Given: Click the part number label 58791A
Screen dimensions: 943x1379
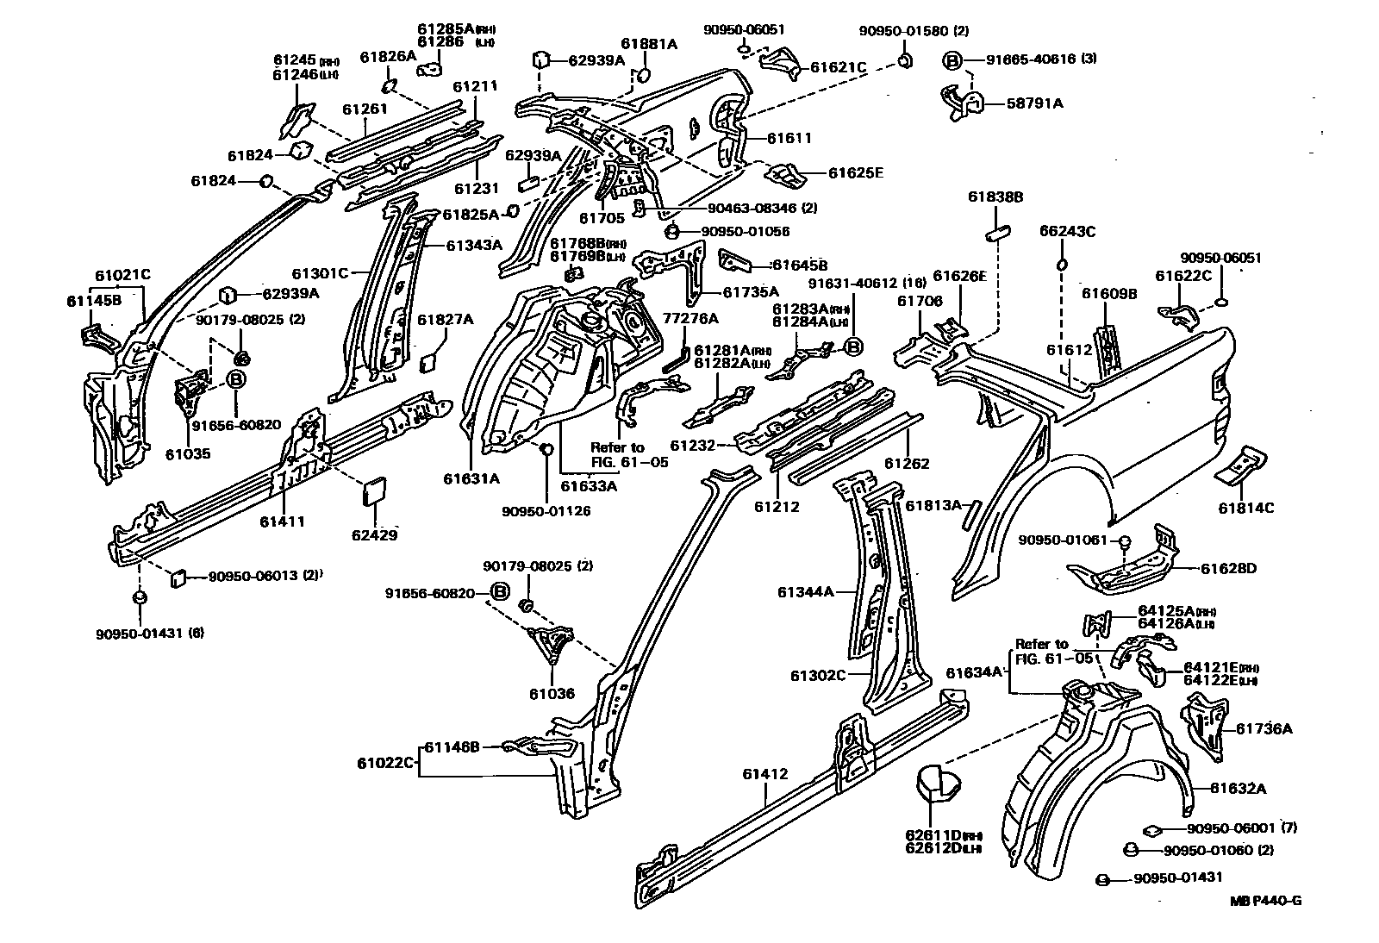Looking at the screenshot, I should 1034,103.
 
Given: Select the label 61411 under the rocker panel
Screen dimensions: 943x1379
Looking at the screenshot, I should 283,521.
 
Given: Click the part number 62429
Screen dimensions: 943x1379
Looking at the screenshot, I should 374,534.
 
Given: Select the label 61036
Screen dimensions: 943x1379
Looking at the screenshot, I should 552,693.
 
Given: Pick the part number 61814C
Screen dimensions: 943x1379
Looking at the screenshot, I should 1245,508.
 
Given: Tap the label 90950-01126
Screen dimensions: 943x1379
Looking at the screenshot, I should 546,511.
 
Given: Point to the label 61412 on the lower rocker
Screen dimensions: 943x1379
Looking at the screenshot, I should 764,774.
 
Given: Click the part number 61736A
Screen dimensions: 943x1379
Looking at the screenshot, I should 1264,728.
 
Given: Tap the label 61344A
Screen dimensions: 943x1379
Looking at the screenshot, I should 805,591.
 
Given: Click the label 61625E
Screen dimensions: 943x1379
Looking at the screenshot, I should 855,172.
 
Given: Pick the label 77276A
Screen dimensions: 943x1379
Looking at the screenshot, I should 689,317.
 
